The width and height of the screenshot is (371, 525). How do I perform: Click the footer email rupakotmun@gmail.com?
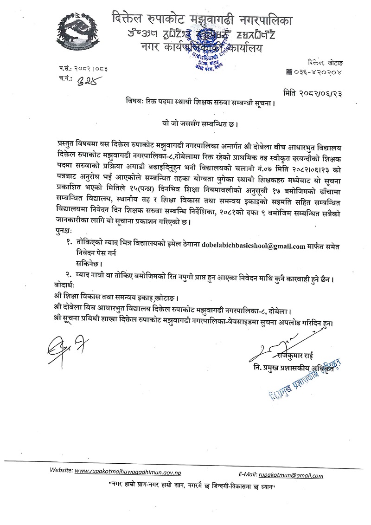(291, 475)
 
